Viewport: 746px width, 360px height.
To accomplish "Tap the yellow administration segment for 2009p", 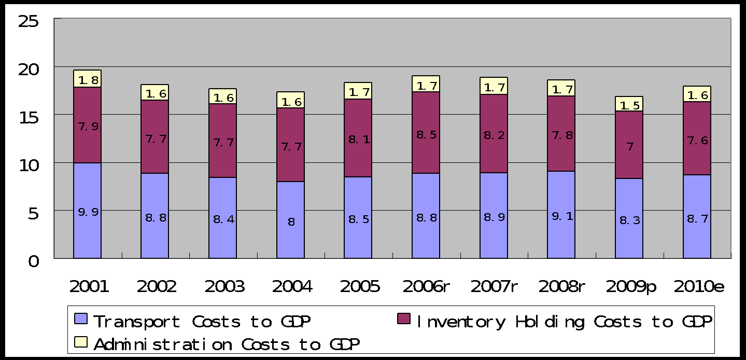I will (x=629, y=104).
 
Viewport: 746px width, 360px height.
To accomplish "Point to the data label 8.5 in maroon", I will (x=426, y=135).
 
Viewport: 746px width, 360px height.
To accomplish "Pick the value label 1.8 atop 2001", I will (x=87, y=80).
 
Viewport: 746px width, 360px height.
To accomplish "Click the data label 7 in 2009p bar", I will (x=629, y=147).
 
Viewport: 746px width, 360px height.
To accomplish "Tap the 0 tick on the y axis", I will (x=34, y=261).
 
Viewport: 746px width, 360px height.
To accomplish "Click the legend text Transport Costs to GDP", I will (x=202, y=322).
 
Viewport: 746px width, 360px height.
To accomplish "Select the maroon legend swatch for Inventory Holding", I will (x=403, y=319).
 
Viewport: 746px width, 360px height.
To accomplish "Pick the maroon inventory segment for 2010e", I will (x=697, y=156).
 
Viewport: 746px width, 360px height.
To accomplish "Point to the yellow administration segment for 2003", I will (x=222, y=96).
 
